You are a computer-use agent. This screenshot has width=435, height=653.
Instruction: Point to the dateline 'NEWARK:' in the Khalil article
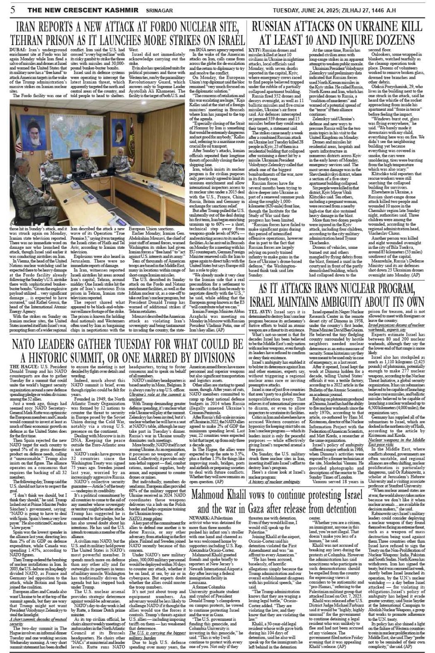(x=201, y=517)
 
